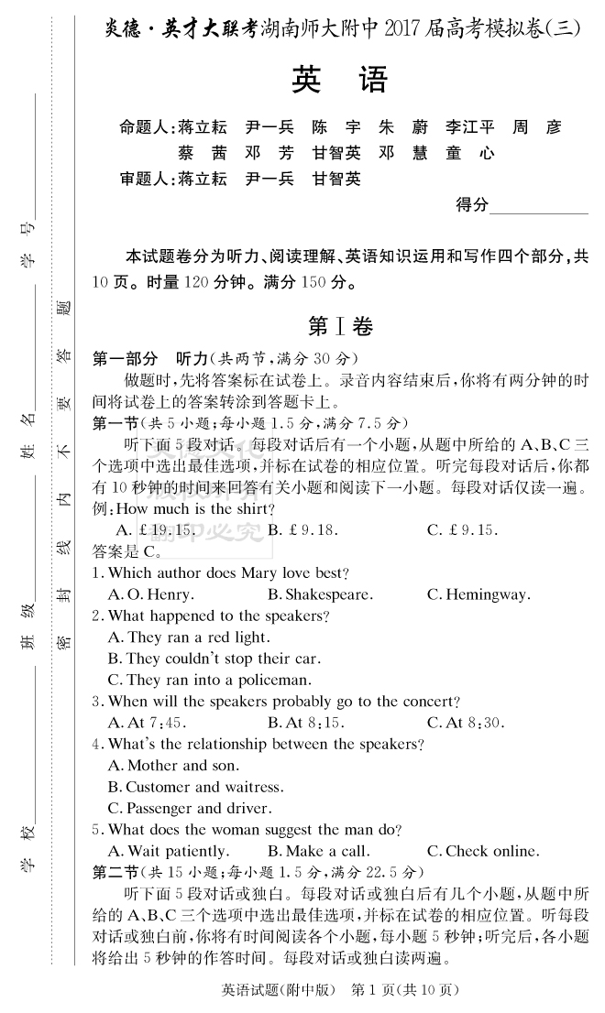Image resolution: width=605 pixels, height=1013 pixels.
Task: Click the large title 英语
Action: tap(340, 81)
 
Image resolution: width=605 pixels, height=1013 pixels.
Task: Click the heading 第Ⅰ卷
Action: tap(340, 326)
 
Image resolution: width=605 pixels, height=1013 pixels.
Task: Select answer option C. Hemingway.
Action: tap(478, 594)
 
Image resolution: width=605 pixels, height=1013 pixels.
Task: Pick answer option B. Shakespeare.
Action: tap(320, 594)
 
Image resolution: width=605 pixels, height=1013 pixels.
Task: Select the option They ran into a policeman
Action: tap(209, 680)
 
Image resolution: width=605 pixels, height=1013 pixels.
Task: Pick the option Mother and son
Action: tap(173, 765)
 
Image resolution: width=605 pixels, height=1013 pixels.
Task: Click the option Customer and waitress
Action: tap(195, 787)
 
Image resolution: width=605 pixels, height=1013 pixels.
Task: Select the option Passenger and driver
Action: tap(190, 808)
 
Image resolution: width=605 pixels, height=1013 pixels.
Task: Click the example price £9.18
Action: tap(303, 529)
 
